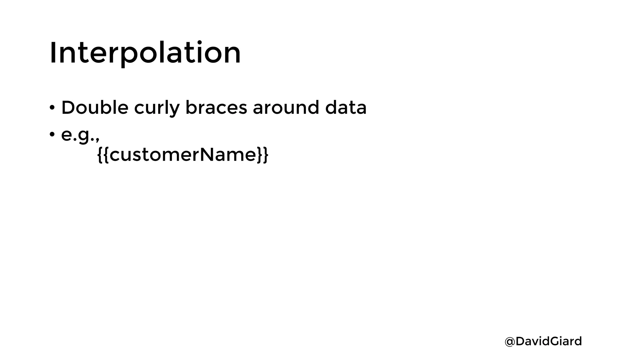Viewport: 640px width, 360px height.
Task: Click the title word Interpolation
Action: [145, 53]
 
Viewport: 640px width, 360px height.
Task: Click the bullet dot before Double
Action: [52, 108]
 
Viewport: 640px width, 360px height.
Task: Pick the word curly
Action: [157, 108]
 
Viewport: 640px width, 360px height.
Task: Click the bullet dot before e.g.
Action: [52, 135]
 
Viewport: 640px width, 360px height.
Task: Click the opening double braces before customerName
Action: [103, 154]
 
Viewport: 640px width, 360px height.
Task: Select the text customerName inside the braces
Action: [183, 154]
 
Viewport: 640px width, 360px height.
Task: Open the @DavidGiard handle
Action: [543, 341]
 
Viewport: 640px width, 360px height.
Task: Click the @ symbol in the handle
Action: [510, 342]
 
